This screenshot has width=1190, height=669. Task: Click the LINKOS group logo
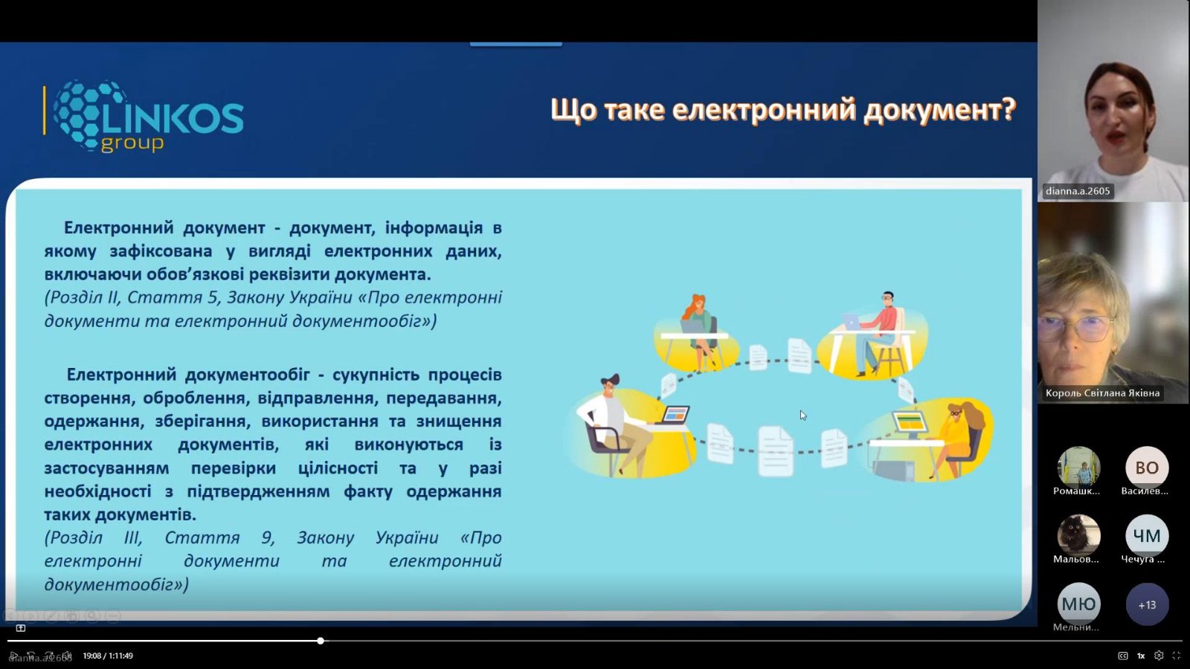coord(144,116)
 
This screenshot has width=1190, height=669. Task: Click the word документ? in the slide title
coord(939,111)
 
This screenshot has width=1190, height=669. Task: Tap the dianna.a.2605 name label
coord(1078,191)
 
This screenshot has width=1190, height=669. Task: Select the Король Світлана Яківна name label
coord(1102,393)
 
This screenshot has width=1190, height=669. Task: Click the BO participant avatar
coord(1146,468)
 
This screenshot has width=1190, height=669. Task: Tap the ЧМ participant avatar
coord(1146,536)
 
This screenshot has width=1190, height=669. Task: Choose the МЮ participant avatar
coord(1078,604)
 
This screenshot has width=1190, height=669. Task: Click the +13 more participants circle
coord(1147,605)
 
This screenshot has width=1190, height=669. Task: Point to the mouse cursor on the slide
coord(803,416)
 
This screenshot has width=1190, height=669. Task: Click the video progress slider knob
coord(321,641)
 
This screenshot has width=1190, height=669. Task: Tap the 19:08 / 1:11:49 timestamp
coord(108,656)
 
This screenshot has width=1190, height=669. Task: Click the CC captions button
coord(1122,656)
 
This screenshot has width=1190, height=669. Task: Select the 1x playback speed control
coord(1141,656)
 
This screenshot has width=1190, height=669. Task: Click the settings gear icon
coord(1159,656)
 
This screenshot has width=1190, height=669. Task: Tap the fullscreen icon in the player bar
coord(1176,656)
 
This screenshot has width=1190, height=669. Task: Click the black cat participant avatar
coord(1078,536)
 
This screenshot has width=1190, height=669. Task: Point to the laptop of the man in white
coord(674,415)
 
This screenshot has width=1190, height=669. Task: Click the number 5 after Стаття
coord(213,297)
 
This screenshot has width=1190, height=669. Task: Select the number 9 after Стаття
coord(266,538)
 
